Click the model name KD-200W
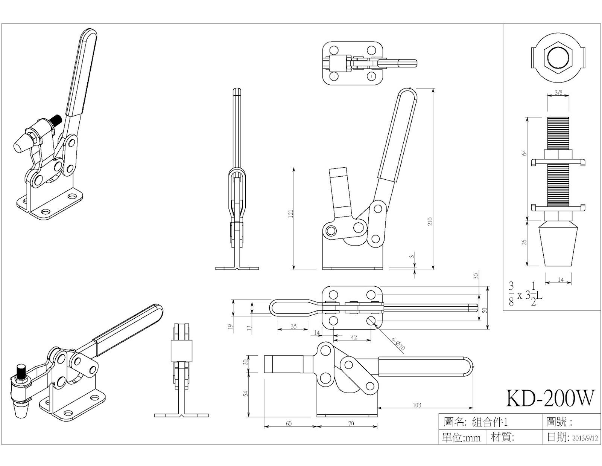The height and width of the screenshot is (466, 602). pyautogui.click(x=551, y=398)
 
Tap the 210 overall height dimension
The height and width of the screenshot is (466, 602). pyautogui.click(x=430, y=221)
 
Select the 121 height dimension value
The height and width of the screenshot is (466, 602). pyautogui.click(x=290, y=214)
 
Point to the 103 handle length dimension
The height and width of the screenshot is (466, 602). pyautogui.click(x=417, y=405)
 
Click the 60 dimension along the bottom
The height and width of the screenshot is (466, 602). pyautogui.click(x=289, y=423)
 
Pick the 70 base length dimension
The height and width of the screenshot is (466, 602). pyautogui.click(x=351, y=423)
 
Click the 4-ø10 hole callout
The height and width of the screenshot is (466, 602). pyautogui.click(x=398, y=344)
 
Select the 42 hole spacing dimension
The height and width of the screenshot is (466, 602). pyautogui.click(x=354, y=337)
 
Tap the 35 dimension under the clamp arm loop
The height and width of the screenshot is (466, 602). pyautogui.click(x=293, y=326)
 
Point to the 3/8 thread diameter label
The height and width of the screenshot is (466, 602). pyautogui.click(x=558, y=92)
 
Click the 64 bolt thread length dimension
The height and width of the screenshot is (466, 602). pyautogui.click(x=524, y=153)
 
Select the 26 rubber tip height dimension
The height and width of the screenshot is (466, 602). pyautogui.click(x=524, y=242)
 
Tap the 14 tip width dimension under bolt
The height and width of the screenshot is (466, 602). pyautogui.click(x=561, y=280)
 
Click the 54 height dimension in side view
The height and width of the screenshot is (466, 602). pyautogui.click(x=246, y=393)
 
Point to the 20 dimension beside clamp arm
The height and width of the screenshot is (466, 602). pyautogui.click(x=245, y=362)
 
